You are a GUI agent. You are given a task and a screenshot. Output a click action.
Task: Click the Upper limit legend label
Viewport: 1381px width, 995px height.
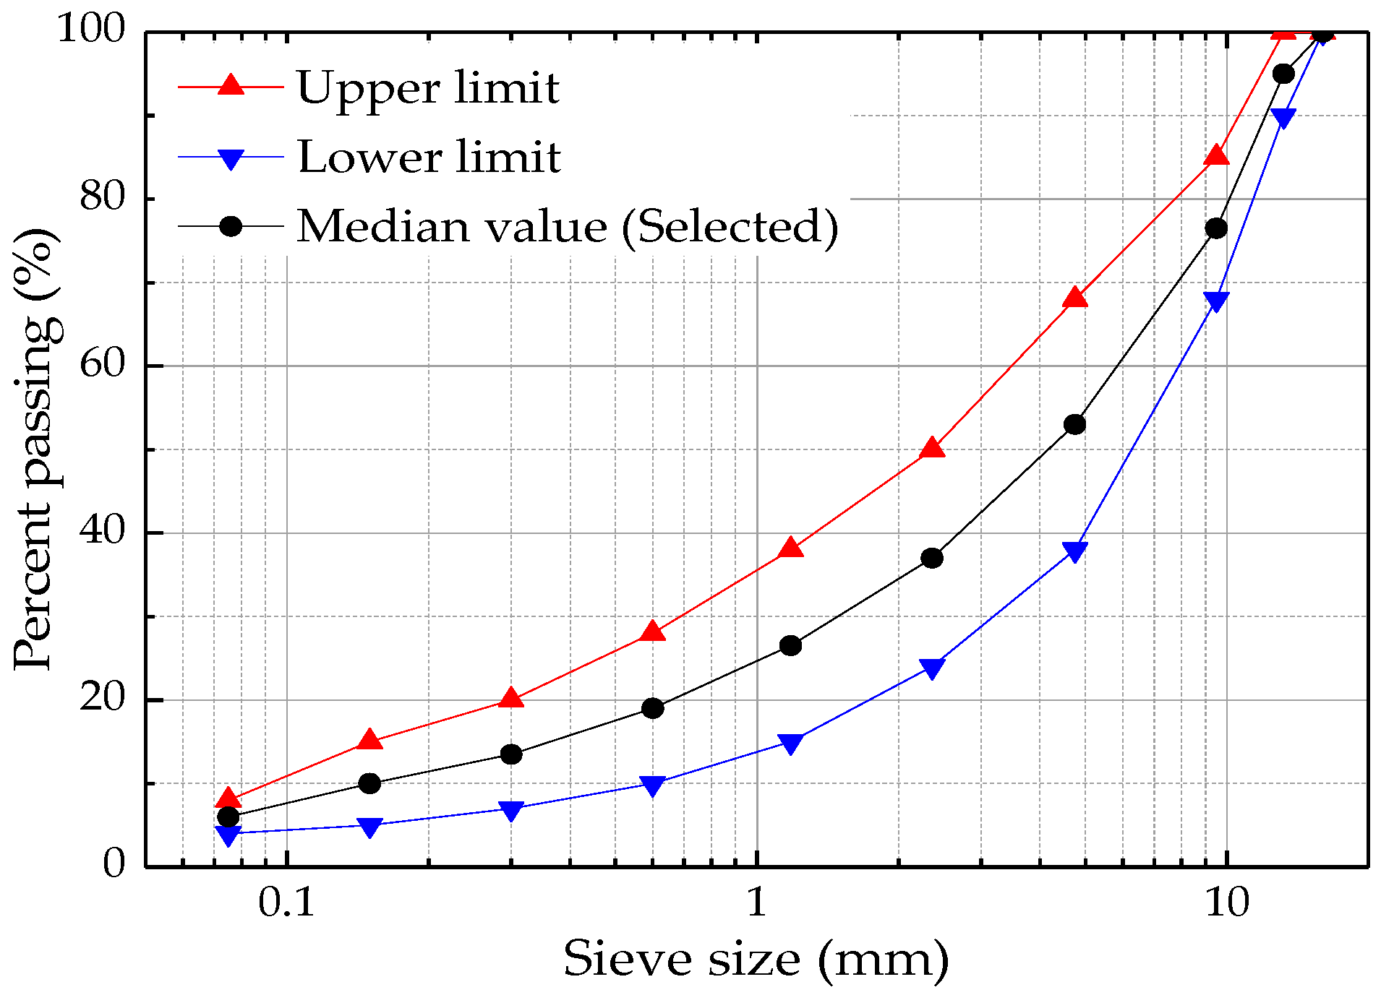pos(427,88)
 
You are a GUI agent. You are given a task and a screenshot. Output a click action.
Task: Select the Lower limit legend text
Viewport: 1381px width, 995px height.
pos(429,157)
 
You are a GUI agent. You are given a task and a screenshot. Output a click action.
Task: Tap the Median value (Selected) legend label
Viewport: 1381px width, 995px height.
pos(568,226)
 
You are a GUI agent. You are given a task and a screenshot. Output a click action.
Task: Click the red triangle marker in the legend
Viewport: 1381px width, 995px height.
pos(231,85)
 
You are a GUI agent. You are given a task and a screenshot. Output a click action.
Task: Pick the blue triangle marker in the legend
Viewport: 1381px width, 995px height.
pos(231,158)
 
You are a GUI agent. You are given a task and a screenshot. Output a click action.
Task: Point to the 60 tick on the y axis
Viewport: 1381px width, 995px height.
pos(102,365)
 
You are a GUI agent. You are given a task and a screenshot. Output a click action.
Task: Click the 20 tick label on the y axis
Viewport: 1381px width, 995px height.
pos(102,699)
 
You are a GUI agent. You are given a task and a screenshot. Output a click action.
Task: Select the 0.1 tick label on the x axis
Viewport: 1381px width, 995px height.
pos(286,903)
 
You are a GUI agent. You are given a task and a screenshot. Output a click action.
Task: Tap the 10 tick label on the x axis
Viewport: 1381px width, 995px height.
pos(1226,903)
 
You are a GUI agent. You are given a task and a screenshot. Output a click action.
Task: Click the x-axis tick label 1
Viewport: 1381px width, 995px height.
pos(756,903)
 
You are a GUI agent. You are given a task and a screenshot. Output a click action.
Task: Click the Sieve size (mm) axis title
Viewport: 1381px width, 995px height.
pos(756,959)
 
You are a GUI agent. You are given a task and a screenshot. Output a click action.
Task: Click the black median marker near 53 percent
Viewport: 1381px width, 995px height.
pos(1075,424)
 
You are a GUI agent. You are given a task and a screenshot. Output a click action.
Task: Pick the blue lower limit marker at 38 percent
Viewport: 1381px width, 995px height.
pos(1075,552)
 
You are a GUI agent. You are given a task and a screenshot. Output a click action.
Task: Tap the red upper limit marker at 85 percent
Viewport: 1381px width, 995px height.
pos(1217,155)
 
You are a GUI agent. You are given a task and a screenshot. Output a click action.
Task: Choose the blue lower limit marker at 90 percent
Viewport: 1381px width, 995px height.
pos(1283,118)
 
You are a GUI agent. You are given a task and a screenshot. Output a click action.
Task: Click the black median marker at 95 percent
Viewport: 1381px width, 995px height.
pos(1283,74)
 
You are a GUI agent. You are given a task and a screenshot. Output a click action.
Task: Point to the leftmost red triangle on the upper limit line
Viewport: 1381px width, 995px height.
pos(228,798)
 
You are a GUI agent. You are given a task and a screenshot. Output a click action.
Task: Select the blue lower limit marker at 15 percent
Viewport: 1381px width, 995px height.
pos(791,744)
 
